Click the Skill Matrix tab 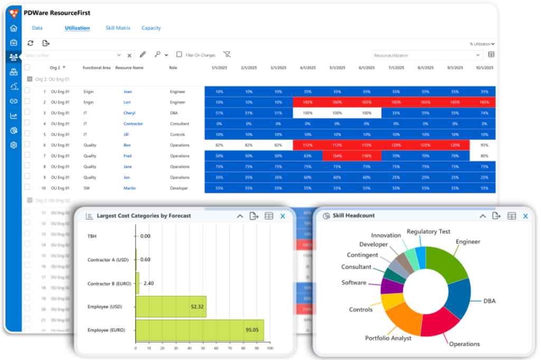pyautogui.click(x=118, y=28)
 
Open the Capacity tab pyautogui.click(x=151, y=28)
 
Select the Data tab pyautogui.click(x=37, y=28)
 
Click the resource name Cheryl pyautogui.click(x=129, y=113)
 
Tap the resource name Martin pyautogui.click(x=129, y=188)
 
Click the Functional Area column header pyautogui.click(x=97, y=68)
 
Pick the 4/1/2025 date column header pyautogui.click(x=307, y=68)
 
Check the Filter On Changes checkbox pyautogui.click(x=180, y=55)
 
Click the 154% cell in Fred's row pyautogui.click(x=337, y=156)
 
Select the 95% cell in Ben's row pyautogui.click(x=484, y=145)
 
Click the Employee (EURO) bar pyautogui.click(x=200, y=330)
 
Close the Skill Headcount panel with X pyautogui.click(x=525, y=216)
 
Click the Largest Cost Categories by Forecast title pyautogui.click(x=144, y=216)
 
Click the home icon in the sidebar pyautogui.click(x=14, y=29)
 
